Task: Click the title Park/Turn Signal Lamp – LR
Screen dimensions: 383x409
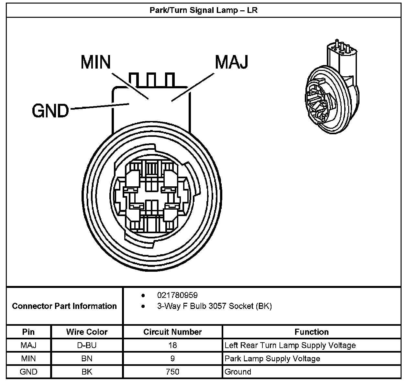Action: click(204, 10)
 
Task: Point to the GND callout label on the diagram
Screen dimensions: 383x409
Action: click(50, 111)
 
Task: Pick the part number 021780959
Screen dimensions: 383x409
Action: click(177, 295)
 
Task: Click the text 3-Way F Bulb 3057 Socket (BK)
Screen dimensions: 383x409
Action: click(214, 306)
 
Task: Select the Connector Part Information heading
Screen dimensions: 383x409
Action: click(64, 306)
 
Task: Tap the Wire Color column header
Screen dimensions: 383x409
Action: click(87, 332)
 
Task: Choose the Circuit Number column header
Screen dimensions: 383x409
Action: click(172, 332)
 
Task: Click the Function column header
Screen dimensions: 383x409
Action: click(311, 332)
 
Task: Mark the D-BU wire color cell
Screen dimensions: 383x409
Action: click(87, 345)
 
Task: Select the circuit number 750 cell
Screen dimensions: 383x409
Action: click(172, 372)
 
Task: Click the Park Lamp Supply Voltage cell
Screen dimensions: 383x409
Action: click(272, 358)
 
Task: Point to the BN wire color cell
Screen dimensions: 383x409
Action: click(87, 358)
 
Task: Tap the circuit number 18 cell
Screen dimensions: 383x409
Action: click(172, 345)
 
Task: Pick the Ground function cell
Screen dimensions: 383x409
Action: click(238, 372)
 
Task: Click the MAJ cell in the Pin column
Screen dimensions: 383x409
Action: click(28, 345)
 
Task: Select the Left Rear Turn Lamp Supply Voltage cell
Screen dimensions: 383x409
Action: click(290, 345)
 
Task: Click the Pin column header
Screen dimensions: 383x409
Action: click(28, 332)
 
